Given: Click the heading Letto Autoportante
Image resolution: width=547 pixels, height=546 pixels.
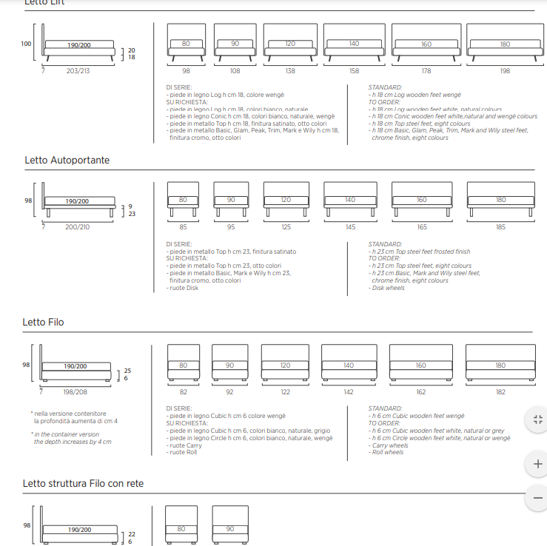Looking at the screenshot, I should click(x=67, y=160).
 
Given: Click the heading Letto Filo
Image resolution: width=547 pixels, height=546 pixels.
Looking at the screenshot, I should click(x=44, y=322).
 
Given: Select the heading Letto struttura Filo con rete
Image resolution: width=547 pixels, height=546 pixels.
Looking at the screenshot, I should click(x=83, y=483).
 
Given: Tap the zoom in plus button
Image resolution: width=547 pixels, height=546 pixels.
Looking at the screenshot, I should click(x=537, y=464).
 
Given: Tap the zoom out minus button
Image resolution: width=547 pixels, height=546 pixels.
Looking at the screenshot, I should click(x=537, y=498).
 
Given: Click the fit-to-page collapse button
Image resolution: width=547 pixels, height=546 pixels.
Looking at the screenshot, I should click(x=537, y=419).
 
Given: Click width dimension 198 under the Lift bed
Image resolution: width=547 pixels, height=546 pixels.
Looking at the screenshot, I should click(x=504, y=71).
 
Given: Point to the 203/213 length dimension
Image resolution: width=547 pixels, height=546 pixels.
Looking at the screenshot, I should click(x=78, y=71).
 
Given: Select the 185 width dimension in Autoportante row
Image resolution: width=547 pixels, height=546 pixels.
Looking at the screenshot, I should click(x=501, y=227).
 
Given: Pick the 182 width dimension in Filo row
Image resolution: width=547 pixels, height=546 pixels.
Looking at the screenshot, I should click(x=500, y=391).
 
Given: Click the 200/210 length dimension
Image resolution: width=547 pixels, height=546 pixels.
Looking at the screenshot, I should click(x=77, y=227).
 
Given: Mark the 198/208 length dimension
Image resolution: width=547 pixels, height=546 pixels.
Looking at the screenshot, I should click(x=75, y=391).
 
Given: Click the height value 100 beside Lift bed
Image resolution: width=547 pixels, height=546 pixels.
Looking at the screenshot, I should click(x=27, y=44).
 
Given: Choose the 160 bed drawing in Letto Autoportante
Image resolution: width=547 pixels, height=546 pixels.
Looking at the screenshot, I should click(x=421, y=200).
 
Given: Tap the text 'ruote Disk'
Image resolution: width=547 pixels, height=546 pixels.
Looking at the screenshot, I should click(x=184, y=288).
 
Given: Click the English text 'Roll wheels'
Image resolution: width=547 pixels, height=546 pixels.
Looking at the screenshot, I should click(x=388, y=452).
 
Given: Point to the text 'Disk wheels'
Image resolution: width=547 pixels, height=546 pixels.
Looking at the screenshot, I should click(x=389, y=288).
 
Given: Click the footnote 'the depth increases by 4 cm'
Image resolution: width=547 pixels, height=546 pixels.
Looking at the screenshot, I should click(x=73, y=442).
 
